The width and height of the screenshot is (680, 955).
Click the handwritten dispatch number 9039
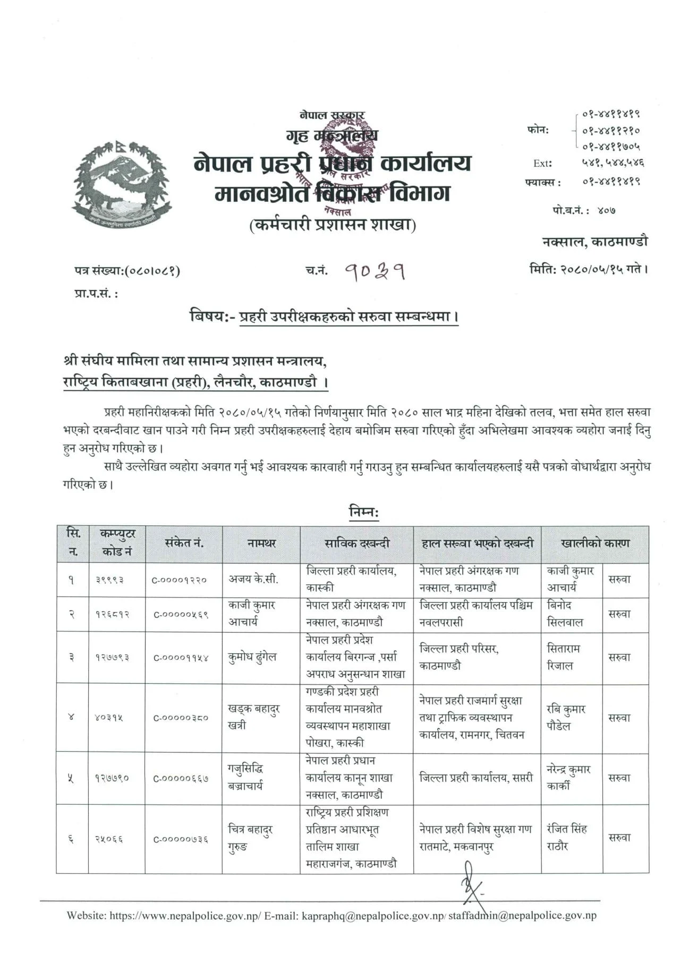click(x=375, y=272)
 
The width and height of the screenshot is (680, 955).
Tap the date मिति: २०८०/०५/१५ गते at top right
click(x=589, y=269)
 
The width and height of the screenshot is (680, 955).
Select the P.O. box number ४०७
click(x=606, y=210)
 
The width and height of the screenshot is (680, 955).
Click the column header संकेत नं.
click(x=184, y=543)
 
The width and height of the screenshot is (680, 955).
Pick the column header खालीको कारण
click(x=594, y=543)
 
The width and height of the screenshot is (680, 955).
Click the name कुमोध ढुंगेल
click(x=252, y=657)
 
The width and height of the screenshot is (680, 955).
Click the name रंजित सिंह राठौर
click(x=566, y=837)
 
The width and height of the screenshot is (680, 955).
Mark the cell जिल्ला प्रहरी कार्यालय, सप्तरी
click(x=476, y=778)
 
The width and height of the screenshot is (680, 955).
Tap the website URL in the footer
click(x=185, y=915)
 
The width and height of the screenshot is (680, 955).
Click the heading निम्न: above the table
click(x=364, y=512)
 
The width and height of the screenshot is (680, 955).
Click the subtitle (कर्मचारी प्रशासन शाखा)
click(x=333, y=225)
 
